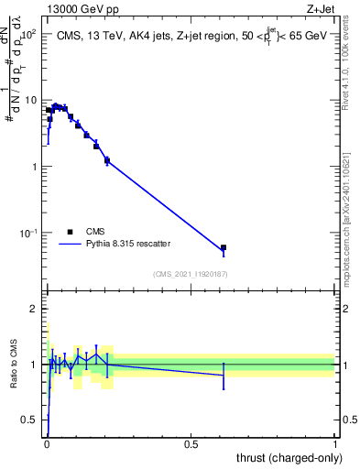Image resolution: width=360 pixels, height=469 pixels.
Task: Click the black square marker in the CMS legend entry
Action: tap(70, 232)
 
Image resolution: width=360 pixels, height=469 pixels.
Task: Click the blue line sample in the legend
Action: tap(71, 244)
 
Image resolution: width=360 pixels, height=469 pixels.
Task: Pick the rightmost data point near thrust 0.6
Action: tap(224, 247)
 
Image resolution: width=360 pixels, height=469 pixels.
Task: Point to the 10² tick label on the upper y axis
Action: tap(27, 34)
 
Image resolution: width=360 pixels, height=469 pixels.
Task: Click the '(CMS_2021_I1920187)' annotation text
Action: tap(191, 274)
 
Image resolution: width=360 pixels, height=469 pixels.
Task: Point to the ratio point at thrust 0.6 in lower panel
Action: tap(224, 375)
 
